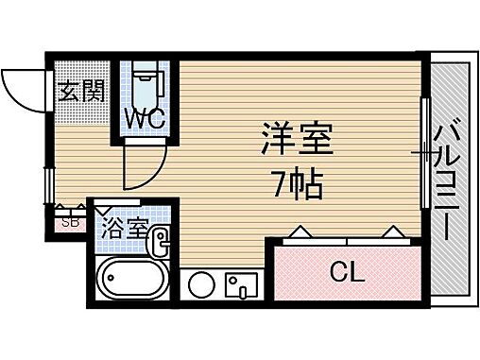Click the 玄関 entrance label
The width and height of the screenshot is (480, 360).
click(81, 93)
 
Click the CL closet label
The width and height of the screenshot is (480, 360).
click(346, 274)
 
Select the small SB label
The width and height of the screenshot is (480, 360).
click(69, 224)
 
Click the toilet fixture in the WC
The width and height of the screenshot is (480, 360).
click(146, 85)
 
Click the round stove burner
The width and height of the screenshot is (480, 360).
click(201, 284)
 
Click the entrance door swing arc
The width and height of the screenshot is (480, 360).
click(21, 87)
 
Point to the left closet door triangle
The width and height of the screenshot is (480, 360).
click(299, 231)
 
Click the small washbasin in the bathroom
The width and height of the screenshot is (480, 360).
click(160, 243)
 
